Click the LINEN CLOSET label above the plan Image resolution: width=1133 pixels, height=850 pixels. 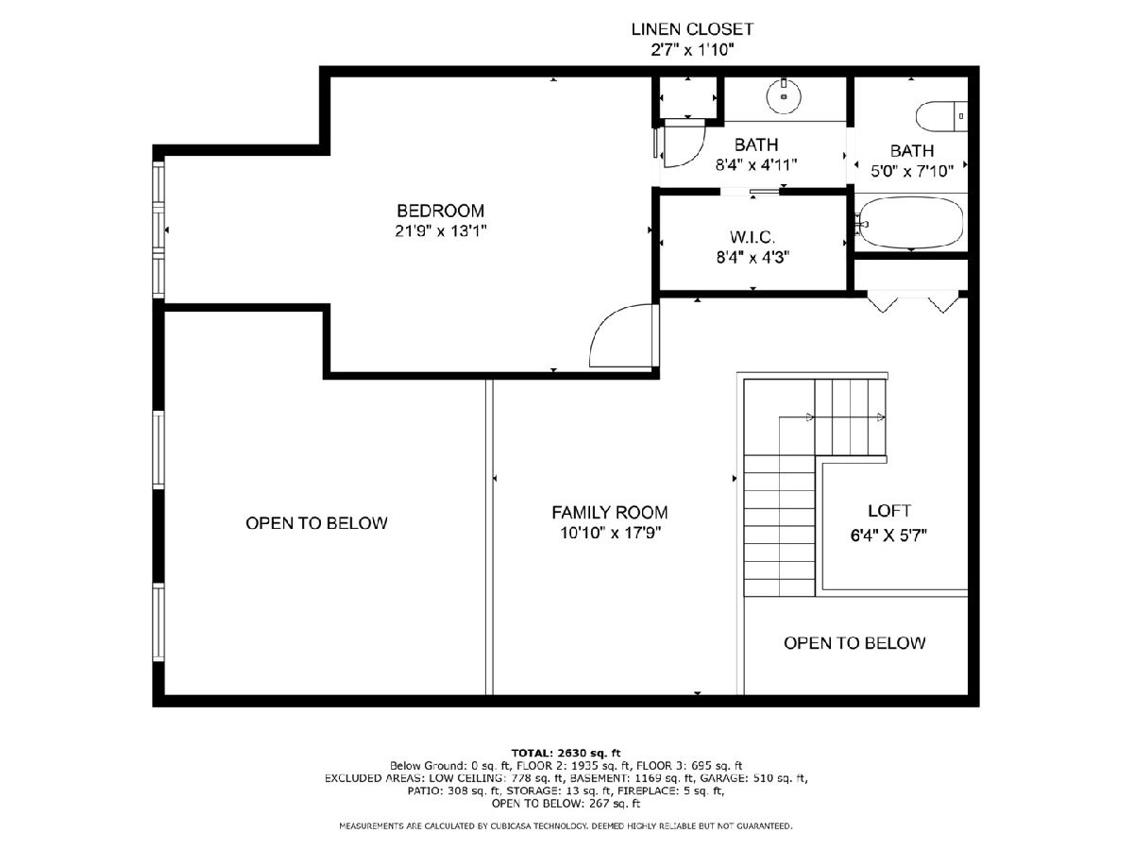tap(692, 29)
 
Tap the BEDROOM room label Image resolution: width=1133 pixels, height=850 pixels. tap(440, 211)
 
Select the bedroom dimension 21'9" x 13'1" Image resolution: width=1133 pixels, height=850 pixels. tap(440, 231)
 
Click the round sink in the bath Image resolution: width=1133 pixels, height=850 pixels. tap(784, 96)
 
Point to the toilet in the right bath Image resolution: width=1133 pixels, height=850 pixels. tap(941, 116)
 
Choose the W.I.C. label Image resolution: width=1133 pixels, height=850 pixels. tap(753, 237)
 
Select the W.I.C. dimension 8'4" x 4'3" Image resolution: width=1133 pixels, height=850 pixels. tap(753, 257)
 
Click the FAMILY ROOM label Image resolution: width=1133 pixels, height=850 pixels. tap(610, 513)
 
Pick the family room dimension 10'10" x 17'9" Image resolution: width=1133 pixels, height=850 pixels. tap(611, 533)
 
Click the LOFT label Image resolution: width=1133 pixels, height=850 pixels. tap(888, 511)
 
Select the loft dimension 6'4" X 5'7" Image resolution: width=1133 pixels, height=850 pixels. tap(888, 535)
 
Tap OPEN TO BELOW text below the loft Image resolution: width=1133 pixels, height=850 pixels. tap(854, 643)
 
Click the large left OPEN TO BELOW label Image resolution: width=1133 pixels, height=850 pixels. tap(316, 523)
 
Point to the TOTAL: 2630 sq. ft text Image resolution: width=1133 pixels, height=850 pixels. tap(566, 753)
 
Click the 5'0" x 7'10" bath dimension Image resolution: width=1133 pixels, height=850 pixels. tap(911, 171)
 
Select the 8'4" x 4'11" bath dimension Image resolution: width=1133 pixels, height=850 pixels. tap(756, 165)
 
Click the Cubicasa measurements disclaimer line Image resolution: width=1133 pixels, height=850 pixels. tap(566, 826)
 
